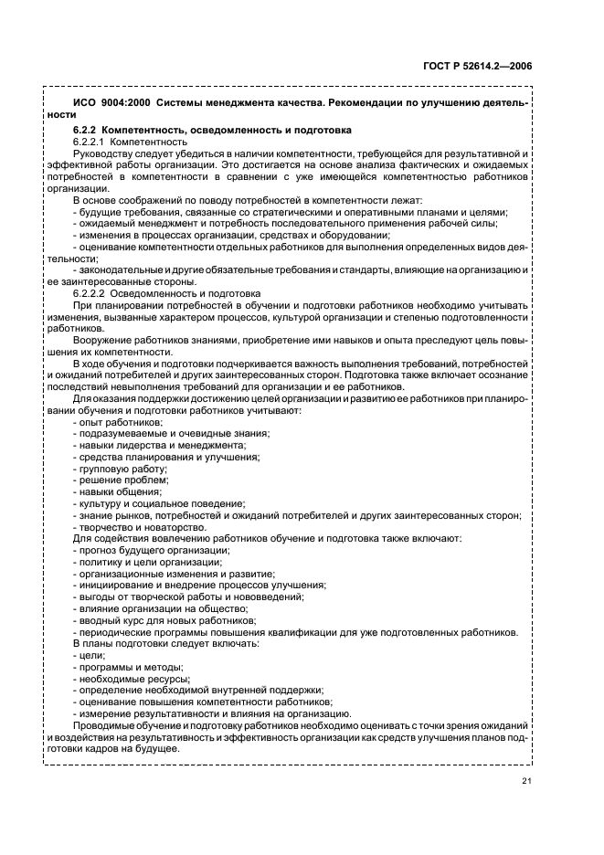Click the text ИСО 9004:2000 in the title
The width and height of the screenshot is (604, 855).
pos(103,103)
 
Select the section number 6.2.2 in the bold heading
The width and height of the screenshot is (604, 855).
pos(84,130)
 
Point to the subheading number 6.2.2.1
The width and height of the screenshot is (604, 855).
pos(90,142)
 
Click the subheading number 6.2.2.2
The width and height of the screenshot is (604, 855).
pos(90,293)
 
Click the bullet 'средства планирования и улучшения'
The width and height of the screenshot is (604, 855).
pos(156,457)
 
